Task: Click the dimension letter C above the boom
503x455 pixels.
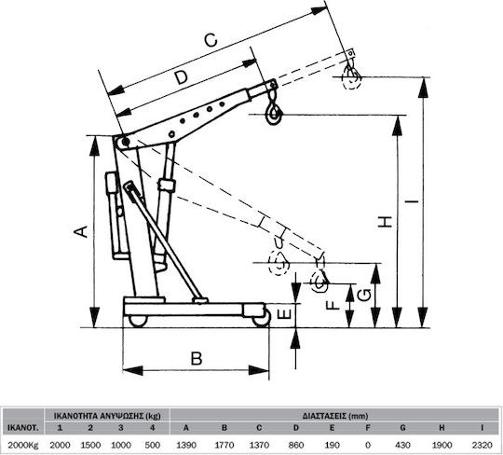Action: (x=211, y=41)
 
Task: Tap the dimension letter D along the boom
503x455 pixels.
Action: (x=181, y=78)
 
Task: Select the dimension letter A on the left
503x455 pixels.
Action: (x=81, y=231)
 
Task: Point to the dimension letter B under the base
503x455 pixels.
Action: (x=197, y=358)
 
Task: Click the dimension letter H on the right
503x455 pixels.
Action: (x=385, y=222)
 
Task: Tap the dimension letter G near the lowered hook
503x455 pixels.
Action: (x=364, y=296)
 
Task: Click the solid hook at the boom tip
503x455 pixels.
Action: (x=274, y=112)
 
